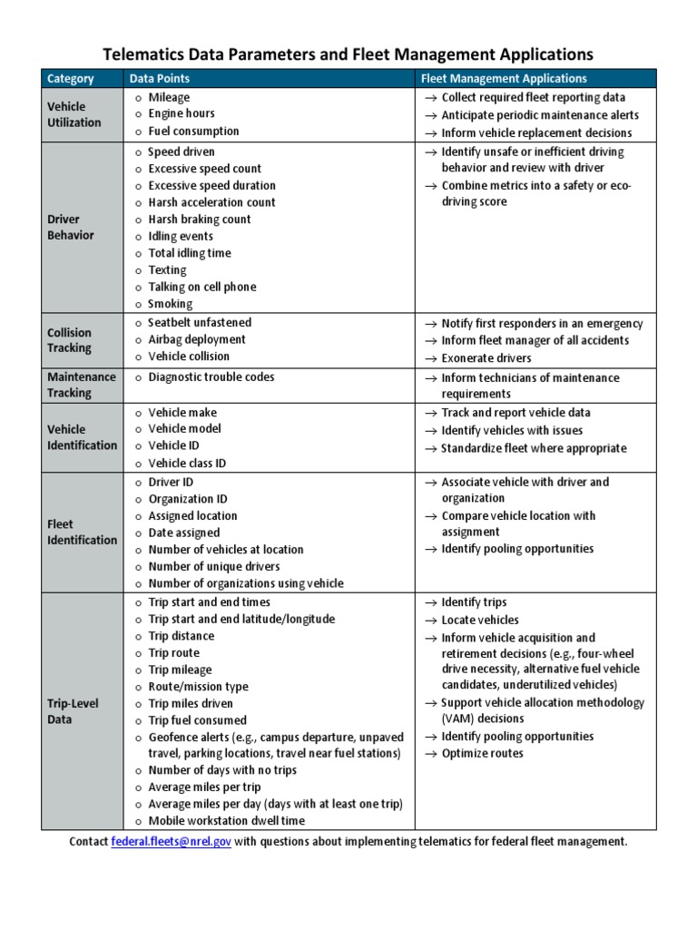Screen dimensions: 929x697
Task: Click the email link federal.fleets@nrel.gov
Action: click(171, 841)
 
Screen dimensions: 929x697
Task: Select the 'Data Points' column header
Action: click(159, 79)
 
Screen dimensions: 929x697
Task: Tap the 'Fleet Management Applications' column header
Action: click(505, 79)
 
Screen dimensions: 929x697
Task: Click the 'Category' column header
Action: click(71, 79)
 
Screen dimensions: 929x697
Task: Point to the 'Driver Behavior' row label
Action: click(70, 227)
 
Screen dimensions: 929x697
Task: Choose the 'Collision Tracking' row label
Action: click(70, 339)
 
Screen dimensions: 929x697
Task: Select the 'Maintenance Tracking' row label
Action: click(82, 385)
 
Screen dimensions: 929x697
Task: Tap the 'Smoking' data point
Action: click(171, 304)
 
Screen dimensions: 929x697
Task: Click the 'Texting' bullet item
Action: click(167, 269)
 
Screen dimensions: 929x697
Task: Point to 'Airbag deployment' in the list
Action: click(196, 339)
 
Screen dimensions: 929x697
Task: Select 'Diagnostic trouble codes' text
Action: click(211, 376)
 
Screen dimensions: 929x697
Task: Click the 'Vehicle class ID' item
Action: click(187, 463)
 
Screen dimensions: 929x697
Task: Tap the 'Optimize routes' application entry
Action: click(482, 753)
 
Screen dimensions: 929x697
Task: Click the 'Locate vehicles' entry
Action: click(480, 620)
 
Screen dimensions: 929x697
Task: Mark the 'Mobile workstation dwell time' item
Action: click(227, 820)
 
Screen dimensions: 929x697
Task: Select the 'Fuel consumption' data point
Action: click(193, 131)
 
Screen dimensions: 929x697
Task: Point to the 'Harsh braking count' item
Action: click(200, 219)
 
